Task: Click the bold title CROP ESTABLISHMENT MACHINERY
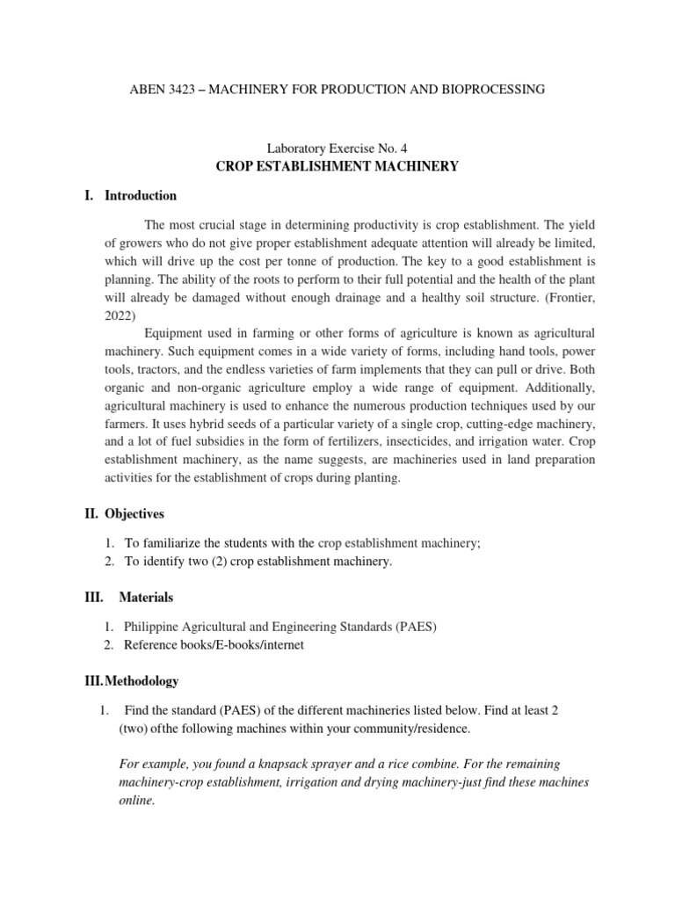point(337,166)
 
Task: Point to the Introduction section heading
point(141,196)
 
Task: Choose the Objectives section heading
point(134,513)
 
